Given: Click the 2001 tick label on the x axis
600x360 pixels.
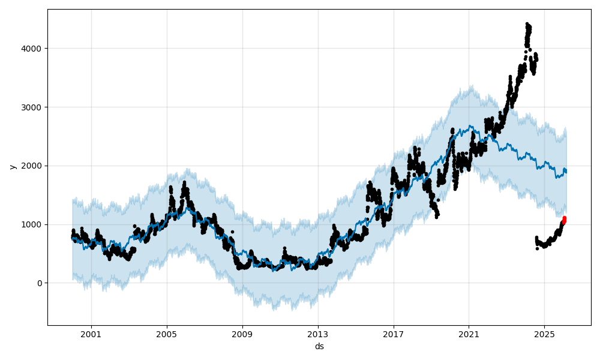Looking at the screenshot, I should (91, 334).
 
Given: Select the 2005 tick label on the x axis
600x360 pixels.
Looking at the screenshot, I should (167, 334).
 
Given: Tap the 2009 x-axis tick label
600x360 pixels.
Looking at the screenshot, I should (242, 334).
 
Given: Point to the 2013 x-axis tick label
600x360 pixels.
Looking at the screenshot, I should (318, 334).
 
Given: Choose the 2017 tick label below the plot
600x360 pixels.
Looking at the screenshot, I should (394, 334).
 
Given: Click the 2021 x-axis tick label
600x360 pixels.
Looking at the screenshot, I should (469, 334).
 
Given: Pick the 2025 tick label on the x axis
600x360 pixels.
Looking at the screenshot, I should (544, 334).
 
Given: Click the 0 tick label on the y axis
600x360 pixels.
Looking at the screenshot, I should (40, 283).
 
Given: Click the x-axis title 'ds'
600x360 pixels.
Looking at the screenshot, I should (319, 346).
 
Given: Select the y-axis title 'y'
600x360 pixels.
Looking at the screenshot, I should (12, 166).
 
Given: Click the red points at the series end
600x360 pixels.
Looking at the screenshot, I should (564, 220).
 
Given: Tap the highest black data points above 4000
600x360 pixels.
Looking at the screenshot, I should (527, 25).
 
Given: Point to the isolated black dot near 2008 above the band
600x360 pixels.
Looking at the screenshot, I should (232, 232).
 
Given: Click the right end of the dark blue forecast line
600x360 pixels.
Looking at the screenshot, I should (566, 172).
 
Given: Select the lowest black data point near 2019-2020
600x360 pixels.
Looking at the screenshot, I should (437, 217).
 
